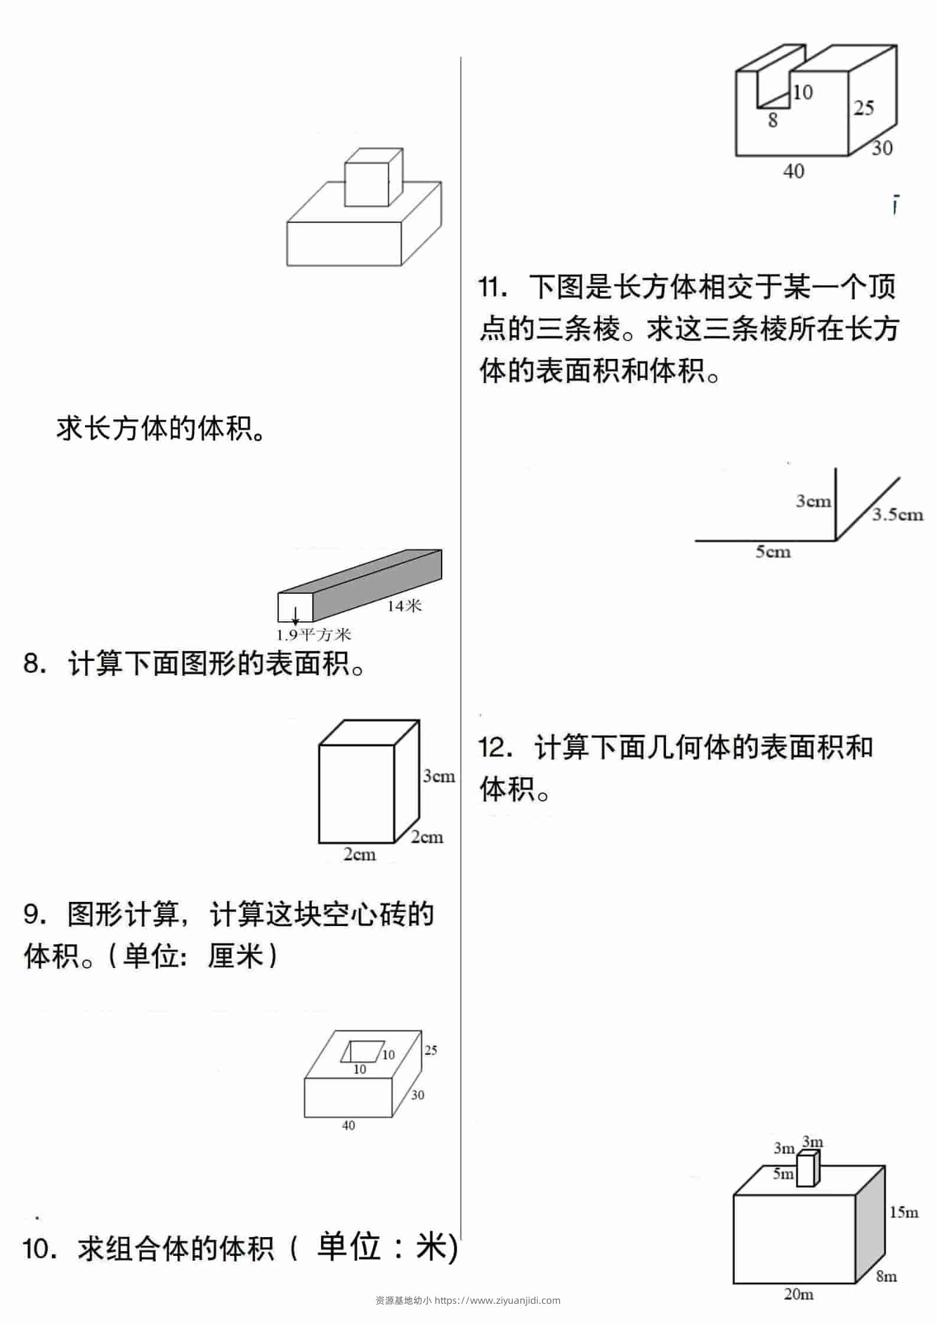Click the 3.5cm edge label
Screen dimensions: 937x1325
click(897, 515)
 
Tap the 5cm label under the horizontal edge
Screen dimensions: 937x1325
click(773, 552)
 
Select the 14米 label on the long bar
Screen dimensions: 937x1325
click(404, 605)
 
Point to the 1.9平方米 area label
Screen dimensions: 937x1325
click(314, 634)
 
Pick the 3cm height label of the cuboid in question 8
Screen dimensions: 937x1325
click(439, 776)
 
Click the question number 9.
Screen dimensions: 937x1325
click(34, 915)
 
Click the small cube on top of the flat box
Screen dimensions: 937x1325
click(373, 177)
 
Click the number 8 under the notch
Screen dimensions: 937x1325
click(773, 120)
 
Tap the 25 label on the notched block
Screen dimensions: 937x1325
click(864, 108)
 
